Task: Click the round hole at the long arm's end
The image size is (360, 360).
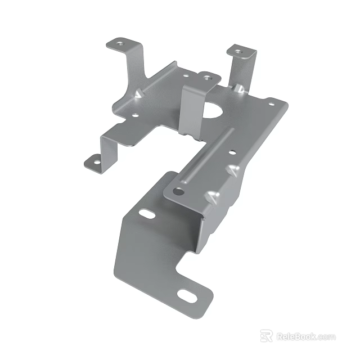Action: tap(179, 191)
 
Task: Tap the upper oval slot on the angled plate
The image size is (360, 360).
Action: tap(147, 214)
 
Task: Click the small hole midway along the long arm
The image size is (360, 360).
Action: tap(232, 151)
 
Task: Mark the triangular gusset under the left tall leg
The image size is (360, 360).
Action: tap(138, 94)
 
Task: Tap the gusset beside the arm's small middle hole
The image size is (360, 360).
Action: tap(233, 168)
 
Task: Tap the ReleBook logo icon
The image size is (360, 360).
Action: tap(266, 336)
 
